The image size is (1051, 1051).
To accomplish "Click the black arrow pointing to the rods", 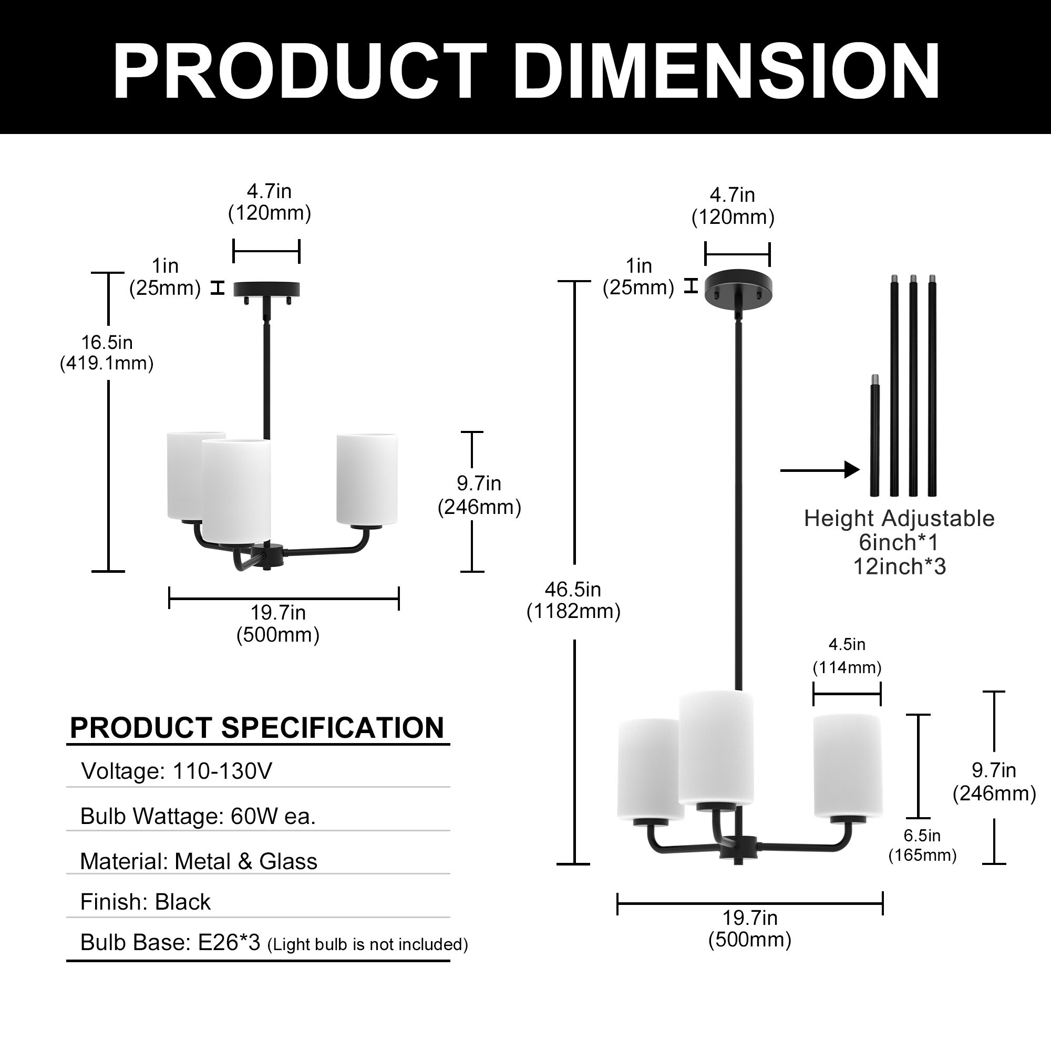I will pos(819,469).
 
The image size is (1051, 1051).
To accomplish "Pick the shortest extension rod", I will pos(874,435).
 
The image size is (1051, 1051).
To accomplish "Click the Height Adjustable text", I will pos(899,519).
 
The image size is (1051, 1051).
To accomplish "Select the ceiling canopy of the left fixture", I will pos(266,288).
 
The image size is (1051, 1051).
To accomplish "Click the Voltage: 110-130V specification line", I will pos(176,771).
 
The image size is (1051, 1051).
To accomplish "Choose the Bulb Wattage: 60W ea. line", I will pos(198,816).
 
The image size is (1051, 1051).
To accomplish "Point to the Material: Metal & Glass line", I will pos(199,861).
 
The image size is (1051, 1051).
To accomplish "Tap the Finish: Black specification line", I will pos(145,902).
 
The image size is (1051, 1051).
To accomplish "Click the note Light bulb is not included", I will pos(368,944).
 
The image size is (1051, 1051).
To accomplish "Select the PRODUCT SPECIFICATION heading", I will pos(257,728).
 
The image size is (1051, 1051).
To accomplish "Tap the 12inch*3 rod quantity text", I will pos(899,567).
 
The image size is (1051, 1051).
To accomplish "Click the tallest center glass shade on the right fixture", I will pos(716,748).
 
